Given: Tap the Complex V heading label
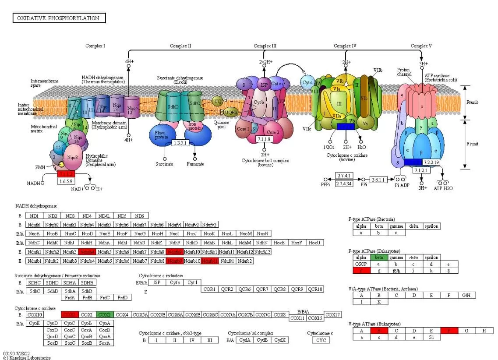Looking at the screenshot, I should (421, 46).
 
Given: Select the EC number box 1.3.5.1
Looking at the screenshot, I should (181, 143).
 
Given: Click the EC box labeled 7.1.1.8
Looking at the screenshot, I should (265, 139).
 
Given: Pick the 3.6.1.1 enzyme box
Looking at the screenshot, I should (378, 180).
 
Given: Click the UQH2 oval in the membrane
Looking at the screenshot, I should (230, 113).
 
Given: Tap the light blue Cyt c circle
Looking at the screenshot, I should (308, 81).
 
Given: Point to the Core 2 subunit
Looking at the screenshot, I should (273, 132).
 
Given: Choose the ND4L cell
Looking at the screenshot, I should (104, 215).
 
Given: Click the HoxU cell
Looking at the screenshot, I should (314, 243).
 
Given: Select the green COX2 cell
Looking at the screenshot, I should (104, 314).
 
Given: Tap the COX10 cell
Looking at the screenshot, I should (35, 314).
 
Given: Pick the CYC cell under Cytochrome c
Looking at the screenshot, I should (321, 340).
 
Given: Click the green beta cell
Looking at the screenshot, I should (379, 258).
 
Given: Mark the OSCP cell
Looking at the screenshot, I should (361, 264).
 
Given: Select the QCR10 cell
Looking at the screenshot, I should (315, 289).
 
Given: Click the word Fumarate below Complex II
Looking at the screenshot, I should (195, 164).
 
